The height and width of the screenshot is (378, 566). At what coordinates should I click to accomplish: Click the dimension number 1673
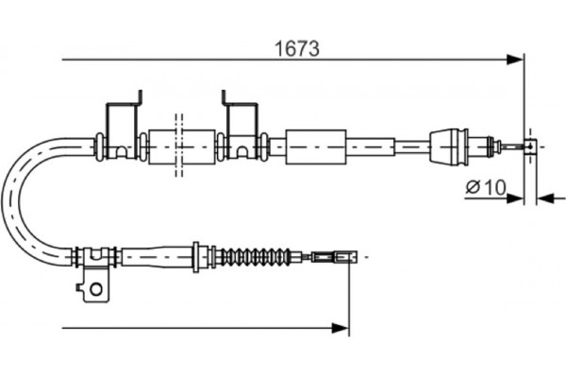[x=295, y=45]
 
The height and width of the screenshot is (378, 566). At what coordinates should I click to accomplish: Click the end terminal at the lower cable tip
[x=341, y=255]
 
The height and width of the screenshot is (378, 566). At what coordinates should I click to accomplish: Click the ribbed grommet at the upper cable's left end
[x=98, y=145]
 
